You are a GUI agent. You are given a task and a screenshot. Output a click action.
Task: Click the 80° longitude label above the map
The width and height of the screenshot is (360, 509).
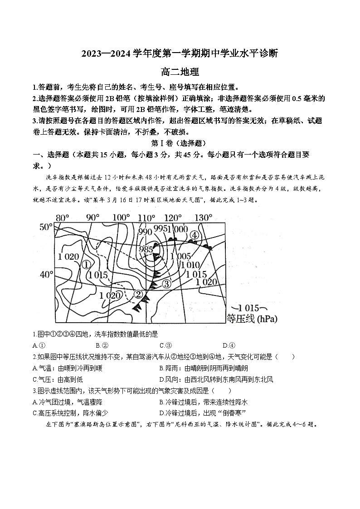click(62, 218)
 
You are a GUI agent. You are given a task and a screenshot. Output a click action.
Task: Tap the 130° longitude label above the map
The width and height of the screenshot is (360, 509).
click(204, 218)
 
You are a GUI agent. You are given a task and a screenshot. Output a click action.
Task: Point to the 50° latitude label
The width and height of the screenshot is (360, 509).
click(46, 227)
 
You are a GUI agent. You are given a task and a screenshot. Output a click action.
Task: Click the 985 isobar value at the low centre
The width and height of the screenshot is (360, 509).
click(146, 249)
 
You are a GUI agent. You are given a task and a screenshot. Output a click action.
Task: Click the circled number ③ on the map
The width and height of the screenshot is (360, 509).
click(166, 284)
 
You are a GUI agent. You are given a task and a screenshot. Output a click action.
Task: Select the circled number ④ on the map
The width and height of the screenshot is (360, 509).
click(195, 235)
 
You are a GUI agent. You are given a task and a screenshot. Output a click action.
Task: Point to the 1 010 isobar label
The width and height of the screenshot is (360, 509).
click(190, 265)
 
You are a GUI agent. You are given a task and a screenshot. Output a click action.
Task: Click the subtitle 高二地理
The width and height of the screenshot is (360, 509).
click(180, 71)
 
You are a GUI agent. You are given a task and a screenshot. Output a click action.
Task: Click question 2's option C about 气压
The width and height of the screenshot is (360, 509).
click(58, 379)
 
